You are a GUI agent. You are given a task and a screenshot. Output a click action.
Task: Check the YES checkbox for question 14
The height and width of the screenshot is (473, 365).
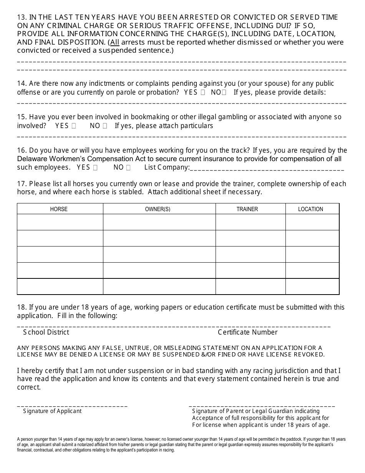[203, 92]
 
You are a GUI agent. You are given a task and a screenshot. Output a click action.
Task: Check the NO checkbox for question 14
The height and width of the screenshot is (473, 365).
[224, 92]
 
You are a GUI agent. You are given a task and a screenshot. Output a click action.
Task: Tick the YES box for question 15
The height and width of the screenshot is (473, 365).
[74, 126]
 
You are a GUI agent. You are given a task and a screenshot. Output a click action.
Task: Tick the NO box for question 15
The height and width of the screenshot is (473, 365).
[105, 126]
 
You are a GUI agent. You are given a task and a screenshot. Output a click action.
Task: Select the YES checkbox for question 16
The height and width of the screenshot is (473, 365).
[95, 167]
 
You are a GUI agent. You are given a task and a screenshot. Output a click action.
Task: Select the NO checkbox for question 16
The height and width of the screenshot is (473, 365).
[128, 167]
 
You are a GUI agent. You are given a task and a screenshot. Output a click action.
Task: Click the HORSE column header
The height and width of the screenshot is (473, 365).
[59, 209]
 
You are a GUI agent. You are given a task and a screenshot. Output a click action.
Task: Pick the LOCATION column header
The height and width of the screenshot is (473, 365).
[310, 209]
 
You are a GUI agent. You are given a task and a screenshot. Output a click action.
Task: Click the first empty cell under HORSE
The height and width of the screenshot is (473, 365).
[60, 222]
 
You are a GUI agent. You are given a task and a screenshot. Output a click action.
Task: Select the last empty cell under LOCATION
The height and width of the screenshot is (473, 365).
[312, 286]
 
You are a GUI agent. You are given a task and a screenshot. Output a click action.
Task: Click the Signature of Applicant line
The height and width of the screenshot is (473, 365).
[72, 405]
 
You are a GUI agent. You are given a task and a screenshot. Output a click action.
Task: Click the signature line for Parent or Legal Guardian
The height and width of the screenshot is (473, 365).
[262, 405]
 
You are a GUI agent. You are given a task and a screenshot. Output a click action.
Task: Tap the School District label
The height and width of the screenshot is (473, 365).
[46, 332]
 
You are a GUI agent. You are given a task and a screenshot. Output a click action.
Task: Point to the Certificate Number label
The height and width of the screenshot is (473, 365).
[247, 332]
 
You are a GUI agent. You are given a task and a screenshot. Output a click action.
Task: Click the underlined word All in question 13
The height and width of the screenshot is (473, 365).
[115, 42]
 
